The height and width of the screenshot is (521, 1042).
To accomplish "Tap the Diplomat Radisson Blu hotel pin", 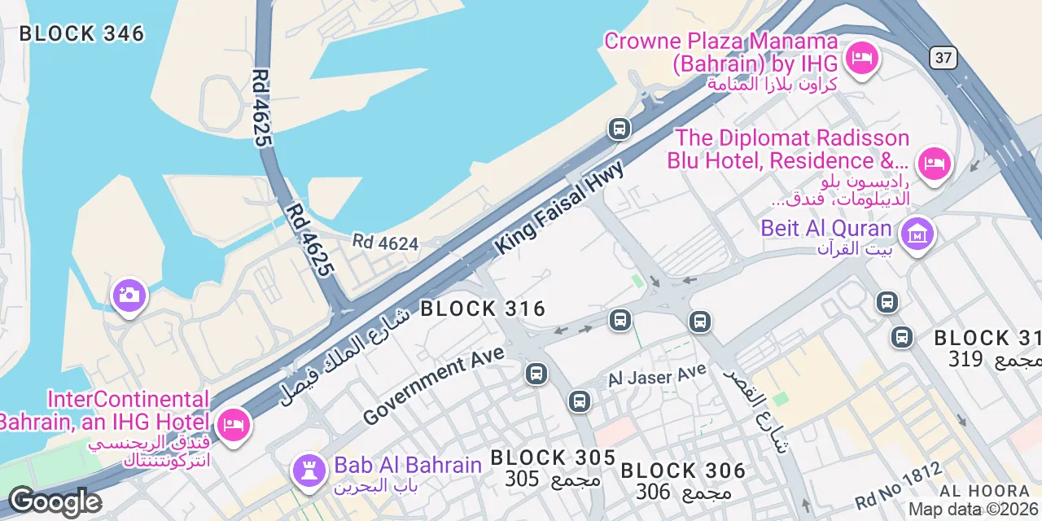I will tap(933, 164).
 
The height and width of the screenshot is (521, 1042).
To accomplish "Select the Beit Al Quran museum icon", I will tap(917, 234).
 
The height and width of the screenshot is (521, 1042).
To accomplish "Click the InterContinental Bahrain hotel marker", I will tap(234, 424).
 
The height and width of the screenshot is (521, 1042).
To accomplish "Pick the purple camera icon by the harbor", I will tap(129, 296).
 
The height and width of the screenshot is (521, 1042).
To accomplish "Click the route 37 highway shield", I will tap(943, 57).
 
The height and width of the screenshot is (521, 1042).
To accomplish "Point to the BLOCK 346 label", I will tap(81, 33).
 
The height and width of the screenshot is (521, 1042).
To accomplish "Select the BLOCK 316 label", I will tap(482, 309).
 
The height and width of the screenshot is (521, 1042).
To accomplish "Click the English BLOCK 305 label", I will tap(553, 458).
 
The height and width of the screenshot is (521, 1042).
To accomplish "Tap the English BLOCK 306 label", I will tap(683, 471).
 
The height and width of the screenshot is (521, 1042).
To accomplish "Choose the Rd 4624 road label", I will tap(385, 243).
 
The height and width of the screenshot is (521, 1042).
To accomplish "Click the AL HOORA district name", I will tap(984, 491).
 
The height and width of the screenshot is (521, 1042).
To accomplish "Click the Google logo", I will tap(55, 501).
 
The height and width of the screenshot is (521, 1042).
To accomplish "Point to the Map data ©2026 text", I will tap(974, 510).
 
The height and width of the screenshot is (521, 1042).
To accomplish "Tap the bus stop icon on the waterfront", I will tap(620, 128).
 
